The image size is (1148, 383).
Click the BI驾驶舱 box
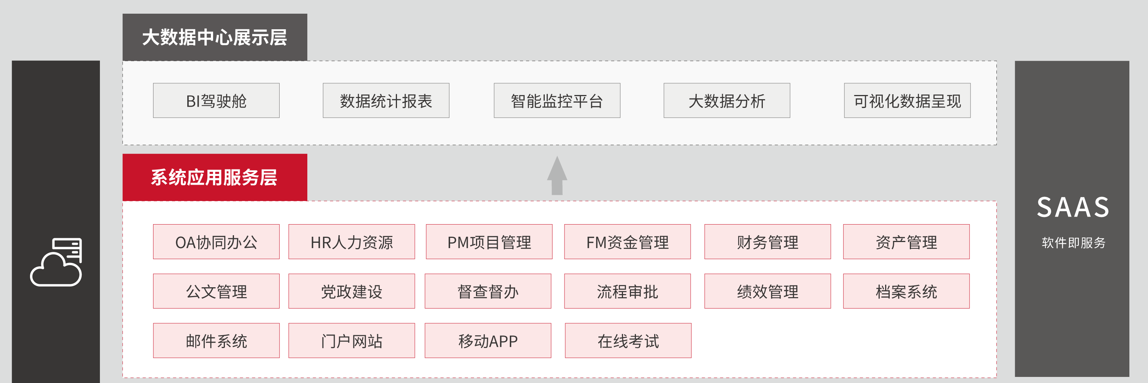click(216, 100)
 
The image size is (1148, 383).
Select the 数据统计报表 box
click(386, 100)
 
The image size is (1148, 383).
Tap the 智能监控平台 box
click(557, 100)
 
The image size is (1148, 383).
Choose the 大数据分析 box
click(726, 100)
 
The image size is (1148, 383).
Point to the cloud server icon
click(56, 262)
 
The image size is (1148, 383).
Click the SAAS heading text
click(1072, 207)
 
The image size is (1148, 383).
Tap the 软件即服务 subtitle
click(1073, 242)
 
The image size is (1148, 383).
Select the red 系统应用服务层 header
click(214, 177)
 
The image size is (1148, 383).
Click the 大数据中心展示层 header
click(214, 37)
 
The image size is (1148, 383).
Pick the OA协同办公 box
click(216, 242)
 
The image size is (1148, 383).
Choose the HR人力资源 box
click(352, 242)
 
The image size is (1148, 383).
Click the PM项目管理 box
click(489, 242)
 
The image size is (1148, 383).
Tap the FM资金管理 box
click(627, 242)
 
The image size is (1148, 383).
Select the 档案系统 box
click(906, 291)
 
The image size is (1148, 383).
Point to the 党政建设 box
click(352, 291)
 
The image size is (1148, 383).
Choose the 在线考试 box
click(628, 341)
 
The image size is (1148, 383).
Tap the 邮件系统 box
click(216, 341)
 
